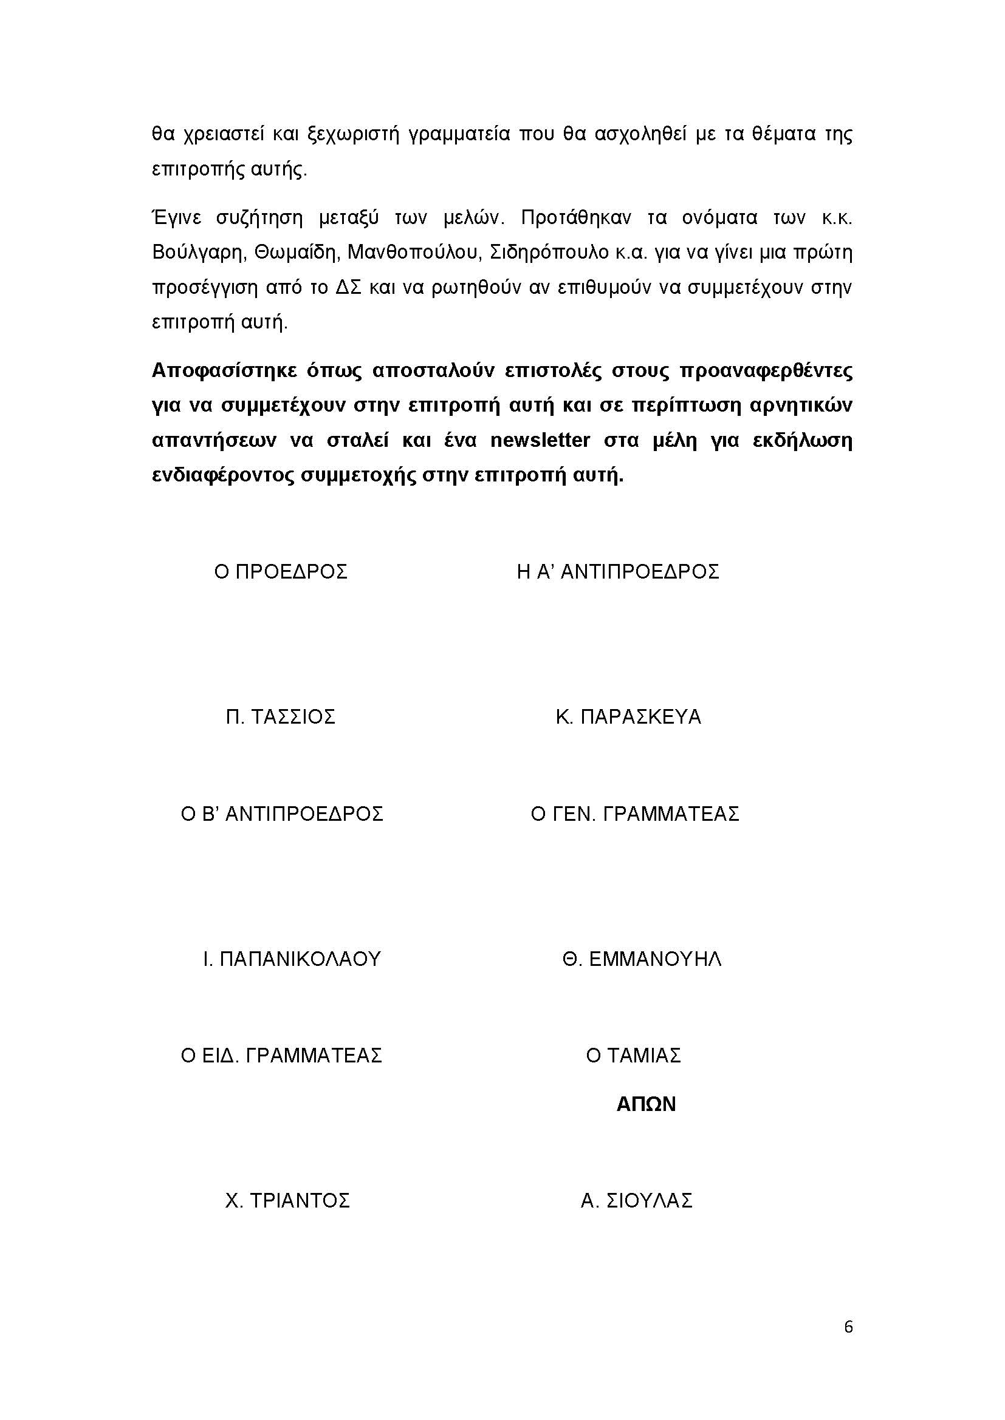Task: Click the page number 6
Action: click(x=848, y=1327)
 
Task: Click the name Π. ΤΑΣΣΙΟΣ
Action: click(x=280, y=717)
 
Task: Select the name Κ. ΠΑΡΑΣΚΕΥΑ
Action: click(x=628, y=717)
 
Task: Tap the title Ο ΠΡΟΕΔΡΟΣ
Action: click(x=280, y=571)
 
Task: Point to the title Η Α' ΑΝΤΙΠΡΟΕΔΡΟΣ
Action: click(x=617, y=571)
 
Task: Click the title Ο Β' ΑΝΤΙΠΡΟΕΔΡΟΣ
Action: click(x=281, y=814)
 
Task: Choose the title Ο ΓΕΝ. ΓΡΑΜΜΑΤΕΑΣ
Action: click(x=635, y=814)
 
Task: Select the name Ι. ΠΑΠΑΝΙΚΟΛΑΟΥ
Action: click(x=292, y=959)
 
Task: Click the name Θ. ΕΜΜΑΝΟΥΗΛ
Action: click(x=642, y=959)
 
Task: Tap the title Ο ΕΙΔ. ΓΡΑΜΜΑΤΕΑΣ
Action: click(x=281, y=1055)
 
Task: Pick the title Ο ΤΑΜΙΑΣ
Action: click(x=633, y=1055)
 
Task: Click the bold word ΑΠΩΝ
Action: click(x=645, y=1104)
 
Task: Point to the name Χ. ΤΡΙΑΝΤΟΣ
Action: click(x=287, y=1200)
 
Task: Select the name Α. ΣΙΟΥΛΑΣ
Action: click(x=636, y=1200)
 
